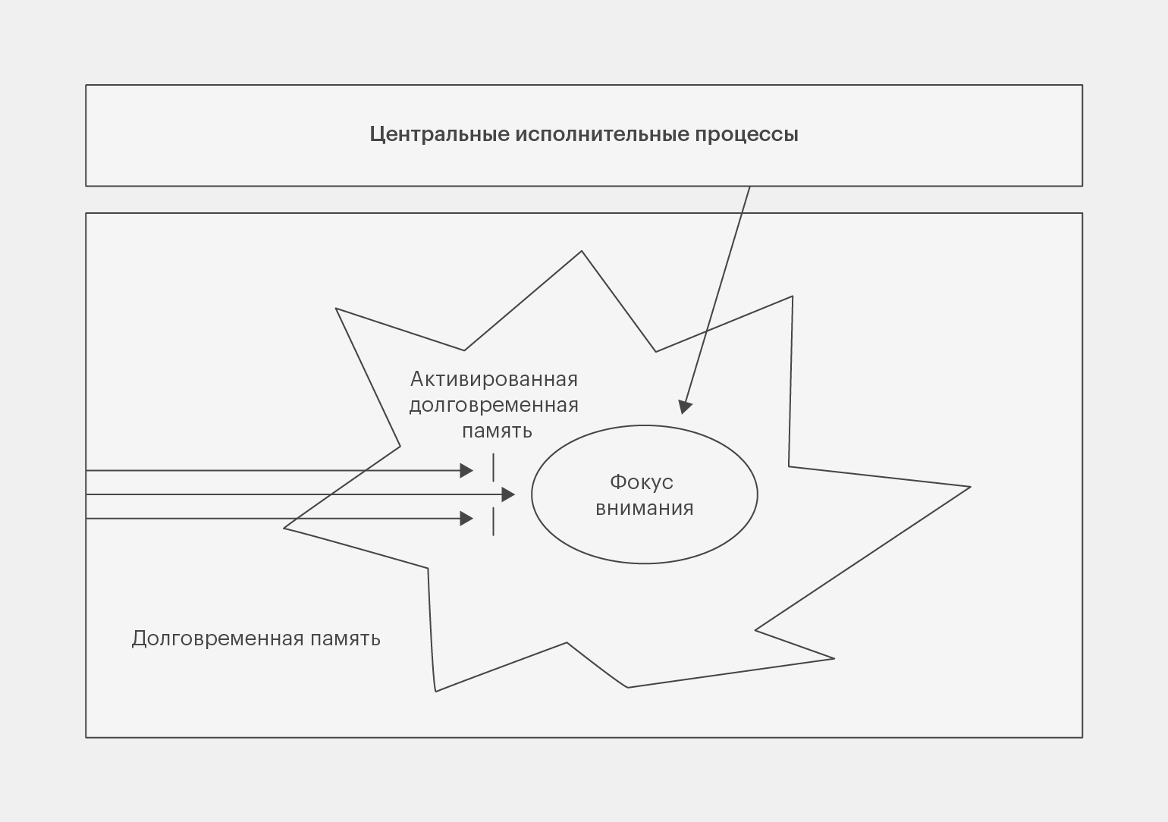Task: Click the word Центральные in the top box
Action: click(440, 134)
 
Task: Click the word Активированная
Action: click(494, 379)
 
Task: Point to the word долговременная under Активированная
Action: click(494, 405)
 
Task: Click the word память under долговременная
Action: click(497, 431)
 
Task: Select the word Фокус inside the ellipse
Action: click(642, 482)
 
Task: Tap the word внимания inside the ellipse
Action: click(645, 508)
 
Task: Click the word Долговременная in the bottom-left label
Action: click(218, 638)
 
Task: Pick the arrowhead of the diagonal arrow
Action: click(685, 406)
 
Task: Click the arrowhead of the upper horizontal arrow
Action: click(466, 471)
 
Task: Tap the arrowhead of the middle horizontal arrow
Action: click(508, 494)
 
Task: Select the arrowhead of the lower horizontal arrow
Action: click(466, 519)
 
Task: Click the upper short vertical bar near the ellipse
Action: click(493, 467)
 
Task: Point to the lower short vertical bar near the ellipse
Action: click(493, 522)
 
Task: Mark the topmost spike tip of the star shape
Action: click(582, 251)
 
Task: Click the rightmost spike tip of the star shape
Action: click(970, 487)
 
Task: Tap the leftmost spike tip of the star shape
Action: click(284, 528)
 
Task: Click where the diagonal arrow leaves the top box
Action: click(750, 186)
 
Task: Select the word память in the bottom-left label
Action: click(346, 639)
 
